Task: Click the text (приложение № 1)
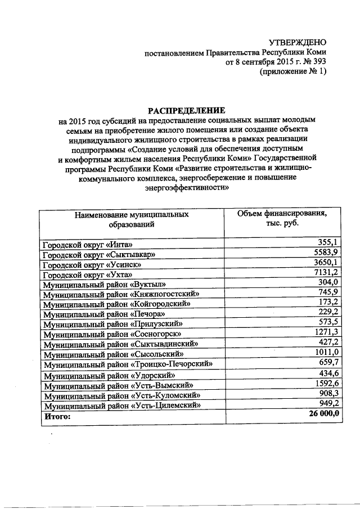[292, 72]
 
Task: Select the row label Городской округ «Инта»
[88, 245]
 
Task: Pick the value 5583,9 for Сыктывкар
[325, 252]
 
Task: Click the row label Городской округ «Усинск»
[92, 264]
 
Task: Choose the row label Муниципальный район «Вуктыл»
[105, 284]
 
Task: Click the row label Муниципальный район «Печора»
[105, 313]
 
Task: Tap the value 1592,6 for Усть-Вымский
[325, 384]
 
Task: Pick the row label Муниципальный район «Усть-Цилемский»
[123, 406]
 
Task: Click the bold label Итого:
[57, 416]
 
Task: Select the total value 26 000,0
[320, 415]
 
